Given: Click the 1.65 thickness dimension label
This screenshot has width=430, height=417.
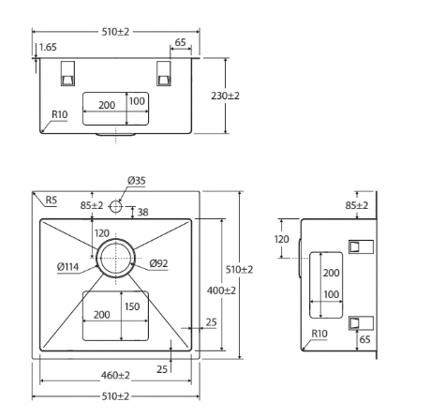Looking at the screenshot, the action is [48, 47].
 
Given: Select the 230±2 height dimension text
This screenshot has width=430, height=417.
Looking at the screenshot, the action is [225, 96].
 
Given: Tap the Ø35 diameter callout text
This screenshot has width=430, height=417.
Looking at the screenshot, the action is [137, 181].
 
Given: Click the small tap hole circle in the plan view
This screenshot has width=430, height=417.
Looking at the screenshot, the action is [115, 206].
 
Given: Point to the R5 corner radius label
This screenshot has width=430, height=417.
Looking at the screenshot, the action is [52, 200].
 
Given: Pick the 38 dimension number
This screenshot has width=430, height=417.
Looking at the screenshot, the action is [142, 213].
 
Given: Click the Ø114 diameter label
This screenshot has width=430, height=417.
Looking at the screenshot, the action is [67, 267].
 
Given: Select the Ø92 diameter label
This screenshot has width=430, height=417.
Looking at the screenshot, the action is [158, 263].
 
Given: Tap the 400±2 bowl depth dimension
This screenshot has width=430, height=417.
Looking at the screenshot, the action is [221, 290].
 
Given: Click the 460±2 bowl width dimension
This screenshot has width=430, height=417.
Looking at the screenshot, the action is [115, 375].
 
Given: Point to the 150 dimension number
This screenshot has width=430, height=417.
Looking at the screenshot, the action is [132, 306].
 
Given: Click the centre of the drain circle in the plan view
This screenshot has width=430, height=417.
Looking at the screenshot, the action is [115, 258].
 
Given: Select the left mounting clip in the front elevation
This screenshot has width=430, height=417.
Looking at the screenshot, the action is [67, 73].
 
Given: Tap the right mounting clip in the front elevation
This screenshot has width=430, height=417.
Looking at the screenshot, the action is [164, 73].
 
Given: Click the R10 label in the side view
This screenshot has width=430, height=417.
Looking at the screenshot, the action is [319, 334].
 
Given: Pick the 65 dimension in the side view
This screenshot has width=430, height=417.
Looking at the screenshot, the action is [364, 339].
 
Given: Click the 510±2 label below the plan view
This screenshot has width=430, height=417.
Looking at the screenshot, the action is [115, 396].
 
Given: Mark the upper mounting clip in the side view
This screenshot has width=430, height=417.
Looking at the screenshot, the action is [361, 246].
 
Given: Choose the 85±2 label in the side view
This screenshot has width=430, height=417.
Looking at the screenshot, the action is [357, 205].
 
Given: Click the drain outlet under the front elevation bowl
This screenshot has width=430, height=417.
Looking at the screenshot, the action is [115, 135].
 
